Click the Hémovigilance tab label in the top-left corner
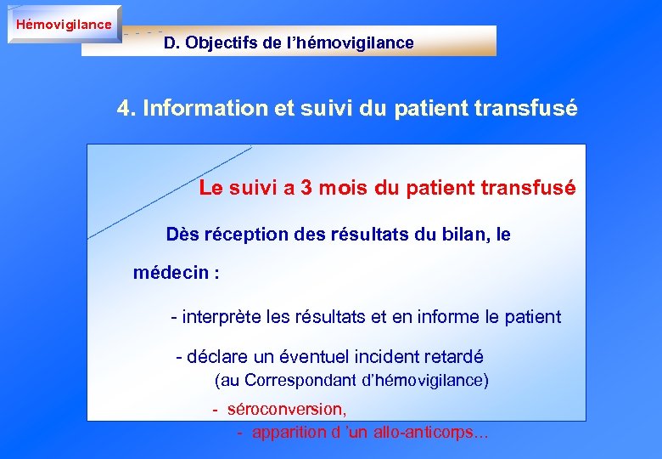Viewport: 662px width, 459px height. click(x=64, y=24)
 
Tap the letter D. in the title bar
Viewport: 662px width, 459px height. click(x=172, y=42)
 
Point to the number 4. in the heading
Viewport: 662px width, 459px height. click(x=126, y=109)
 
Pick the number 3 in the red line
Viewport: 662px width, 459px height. click(x=306, y=188)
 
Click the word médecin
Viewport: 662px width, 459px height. click(x=171, y=273)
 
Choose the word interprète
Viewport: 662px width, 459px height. click(x=222, y=317)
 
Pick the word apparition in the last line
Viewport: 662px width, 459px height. click(x=289, y=432)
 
